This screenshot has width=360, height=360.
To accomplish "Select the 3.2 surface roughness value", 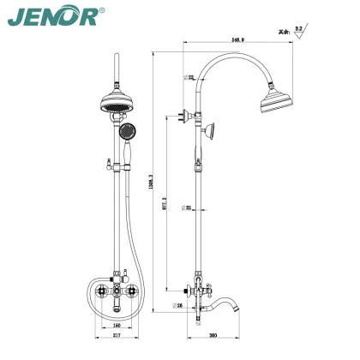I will point(299,29).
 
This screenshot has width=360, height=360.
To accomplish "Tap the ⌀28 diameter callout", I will point(179,303).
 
